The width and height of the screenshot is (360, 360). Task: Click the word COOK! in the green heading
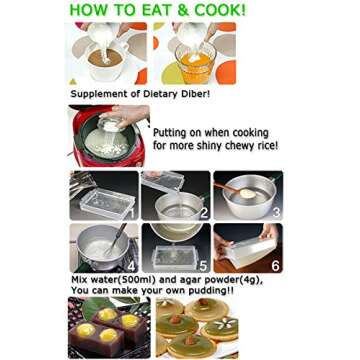click(220, 10)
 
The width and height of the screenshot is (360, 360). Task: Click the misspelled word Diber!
click(196, 94)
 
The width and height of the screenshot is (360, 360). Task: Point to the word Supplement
click(92, 95)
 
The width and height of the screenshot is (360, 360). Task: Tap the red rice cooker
click(108, 136)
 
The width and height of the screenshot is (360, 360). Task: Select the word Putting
click(166, 134)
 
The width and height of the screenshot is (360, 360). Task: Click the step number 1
click(131, 212)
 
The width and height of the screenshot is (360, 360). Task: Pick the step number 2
click(203, 213)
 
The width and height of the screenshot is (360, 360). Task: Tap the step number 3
click(276, 212)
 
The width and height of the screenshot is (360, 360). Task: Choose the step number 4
click(131, 265)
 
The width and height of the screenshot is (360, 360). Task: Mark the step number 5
click(203, 266)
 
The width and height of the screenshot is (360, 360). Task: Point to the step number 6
click(275, 266)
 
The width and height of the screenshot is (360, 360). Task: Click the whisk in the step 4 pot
click(115, 240)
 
